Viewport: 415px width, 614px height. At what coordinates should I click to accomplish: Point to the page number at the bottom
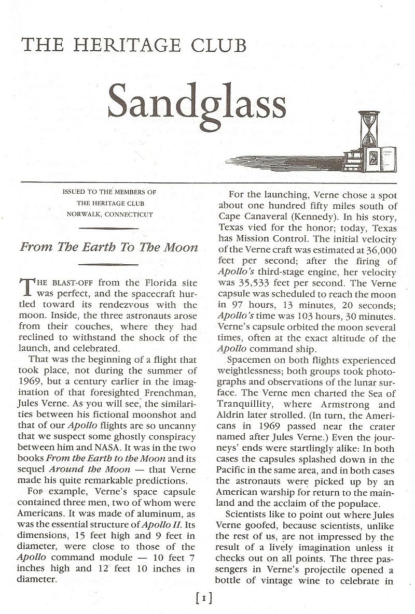pyautogui.click(x=205, y=600)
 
